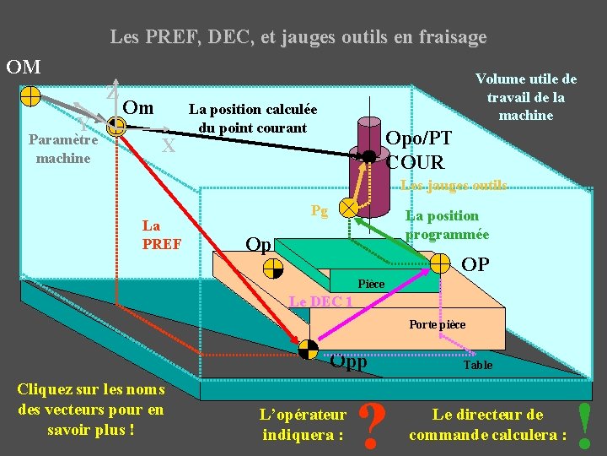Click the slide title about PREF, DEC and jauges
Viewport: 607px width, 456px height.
(298, 37)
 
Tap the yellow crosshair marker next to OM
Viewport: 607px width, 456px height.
(30, 95)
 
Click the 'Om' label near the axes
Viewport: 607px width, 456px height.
(138, 107)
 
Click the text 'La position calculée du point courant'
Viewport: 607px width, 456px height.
(252, 118)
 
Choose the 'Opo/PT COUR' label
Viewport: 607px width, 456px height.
(417, 149)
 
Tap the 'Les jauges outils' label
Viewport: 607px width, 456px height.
(453, 185)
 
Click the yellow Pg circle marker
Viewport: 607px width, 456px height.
(346, 207)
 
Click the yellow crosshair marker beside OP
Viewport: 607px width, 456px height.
(440, 263)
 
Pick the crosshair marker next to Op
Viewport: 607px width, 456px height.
(273, 269)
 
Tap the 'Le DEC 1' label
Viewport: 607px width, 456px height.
(320, 301)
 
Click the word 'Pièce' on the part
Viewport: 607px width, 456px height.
(371, 285)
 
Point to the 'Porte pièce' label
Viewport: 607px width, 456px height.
(437, 324)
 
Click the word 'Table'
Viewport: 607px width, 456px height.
(478, 365)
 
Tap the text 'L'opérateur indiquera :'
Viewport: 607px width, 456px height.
(303, 425)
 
